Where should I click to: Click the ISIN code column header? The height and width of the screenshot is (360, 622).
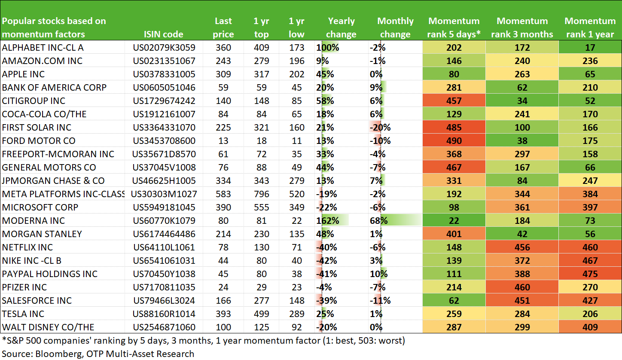click(164, 34)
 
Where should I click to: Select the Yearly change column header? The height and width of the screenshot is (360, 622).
click(341, 27)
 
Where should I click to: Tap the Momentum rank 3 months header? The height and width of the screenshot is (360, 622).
click(522, 27)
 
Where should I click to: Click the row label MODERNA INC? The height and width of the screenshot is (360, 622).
click(34, 220)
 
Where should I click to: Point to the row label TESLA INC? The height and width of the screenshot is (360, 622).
click(23, 314)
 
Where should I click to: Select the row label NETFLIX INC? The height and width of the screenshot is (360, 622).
click(27, 247)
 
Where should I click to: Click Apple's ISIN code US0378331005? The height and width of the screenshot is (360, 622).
click(164, 74)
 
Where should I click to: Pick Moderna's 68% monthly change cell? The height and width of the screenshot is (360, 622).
click(379, 220)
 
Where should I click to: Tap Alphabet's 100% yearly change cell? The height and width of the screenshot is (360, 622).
click(328, 48)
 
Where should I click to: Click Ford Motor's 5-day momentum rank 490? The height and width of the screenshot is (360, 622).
click(454, 141)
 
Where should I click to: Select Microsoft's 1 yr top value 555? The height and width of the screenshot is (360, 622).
click(261, 207)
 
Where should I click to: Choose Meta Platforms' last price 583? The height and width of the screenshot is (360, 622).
click(223, 194)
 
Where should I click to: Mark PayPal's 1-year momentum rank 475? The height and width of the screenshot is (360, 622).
click(590, 274)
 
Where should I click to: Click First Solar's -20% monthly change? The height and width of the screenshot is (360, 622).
click(380, 128)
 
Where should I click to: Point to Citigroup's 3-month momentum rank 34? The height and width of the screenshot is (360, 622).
click(522, 101)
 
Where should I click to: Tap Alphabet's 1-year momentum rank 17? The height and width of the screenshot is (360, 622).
click(590, 48)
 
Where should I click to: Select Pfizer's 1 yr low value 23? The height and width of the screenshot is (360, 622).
click(296, 287)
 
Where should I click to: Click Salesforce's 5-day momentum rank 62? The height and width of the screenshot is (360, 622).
click(454, 301)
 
